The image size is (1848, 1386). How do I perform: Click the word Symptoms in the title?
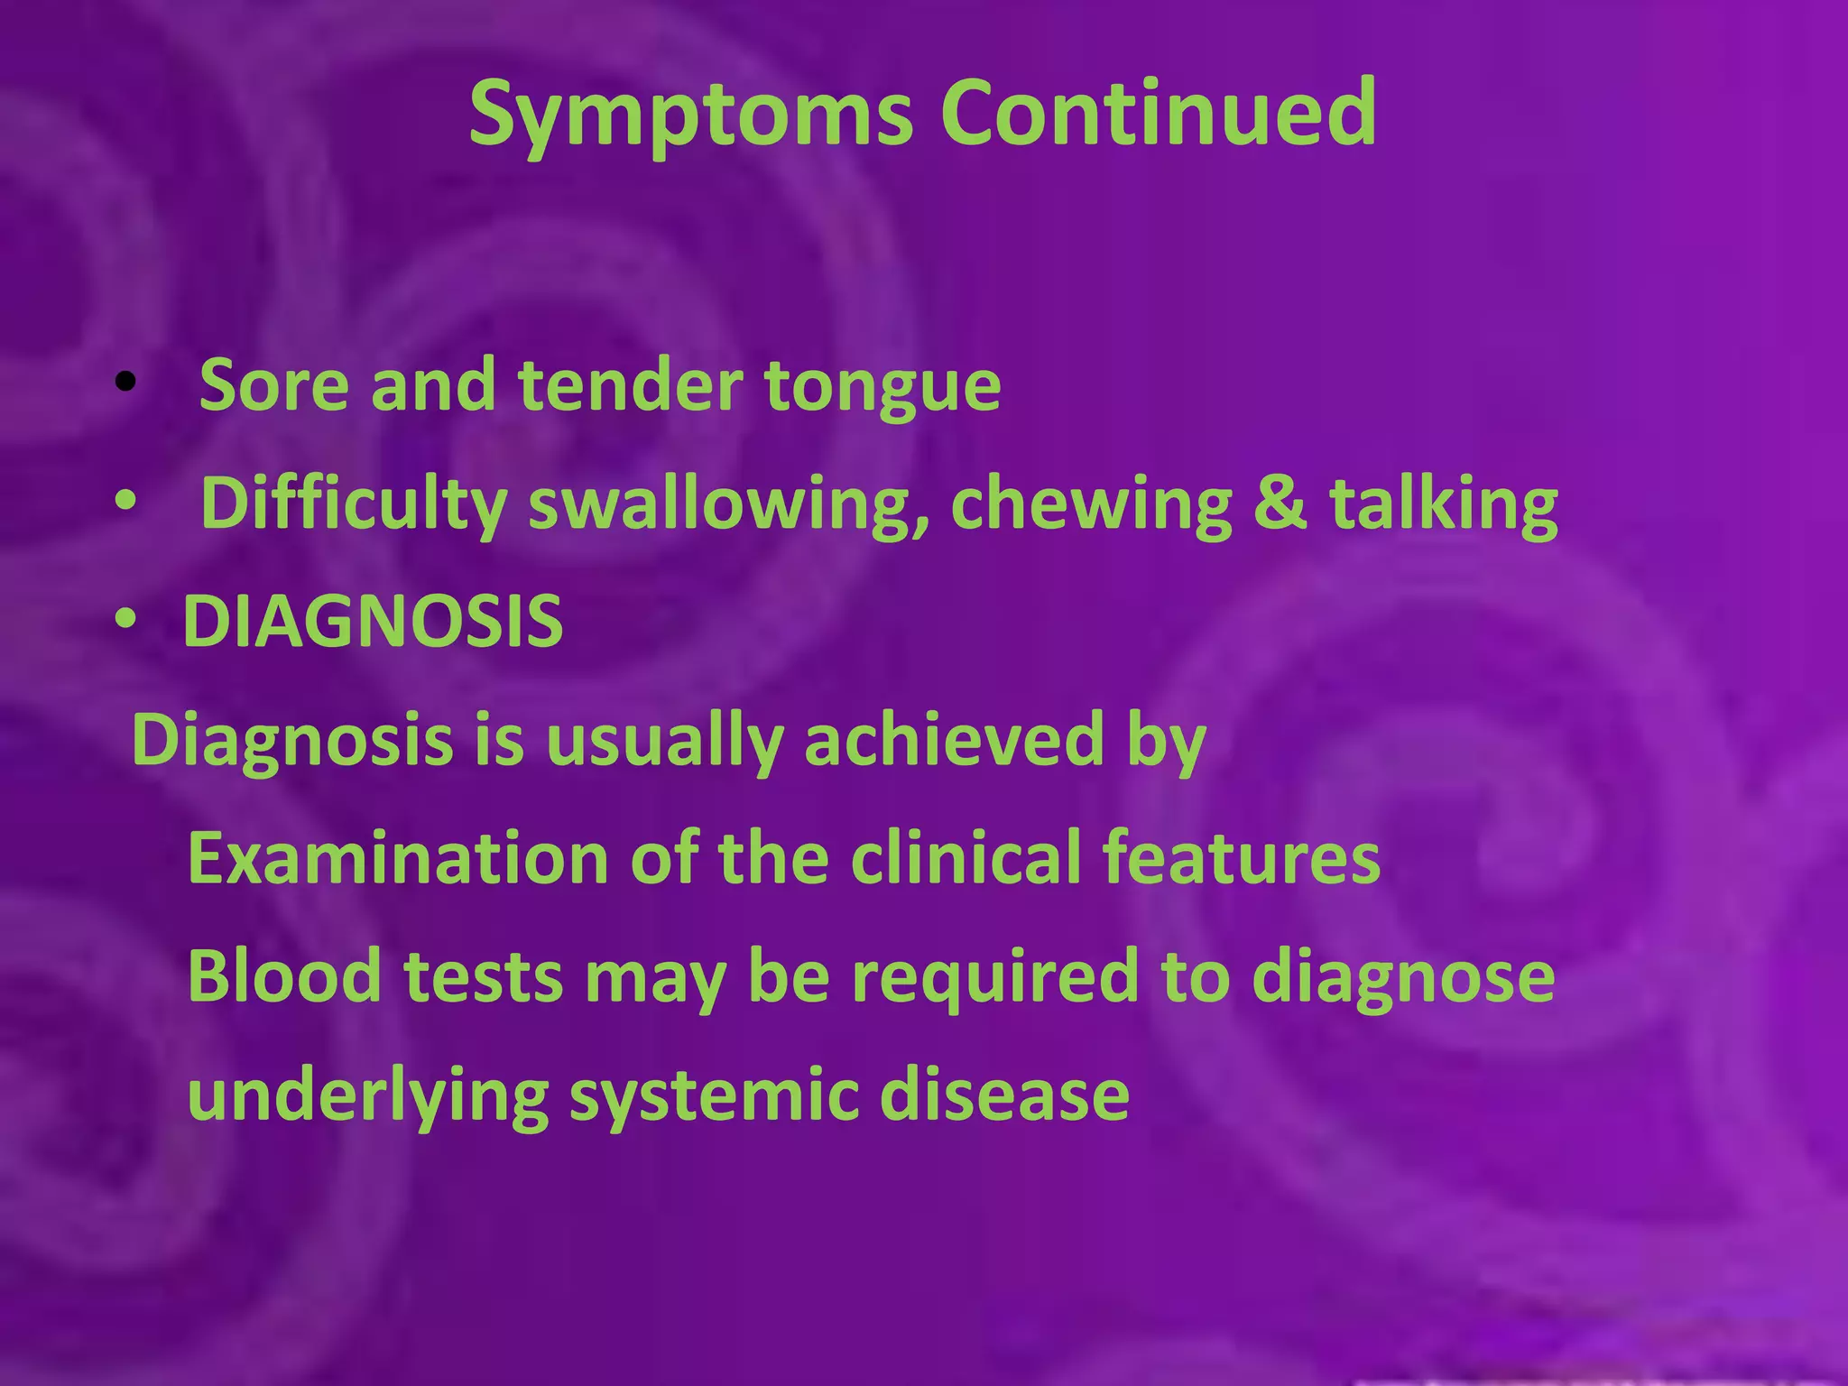pyautogui.click(x=690, y=115)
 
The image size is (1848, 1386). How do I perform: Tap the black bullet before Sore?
pyautogui.click(x=125, y=383)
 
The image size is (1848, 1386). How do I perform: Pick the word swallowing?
pyautogui.click(x=717, y=505)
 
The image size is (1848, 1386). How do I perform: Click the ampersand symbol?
pyautogui.click(x=1280, y=503)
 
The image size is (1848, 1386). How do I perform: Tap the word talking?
pyautogui.click(x=1443, y=505)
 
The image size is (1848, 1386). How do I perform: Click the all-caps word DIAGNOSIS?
pyautogui.click(x=373, y=622)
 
